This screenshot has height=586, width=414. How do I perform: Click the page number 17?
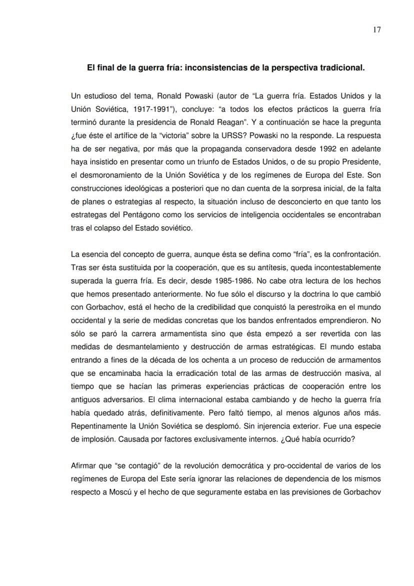pos(377,30)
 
